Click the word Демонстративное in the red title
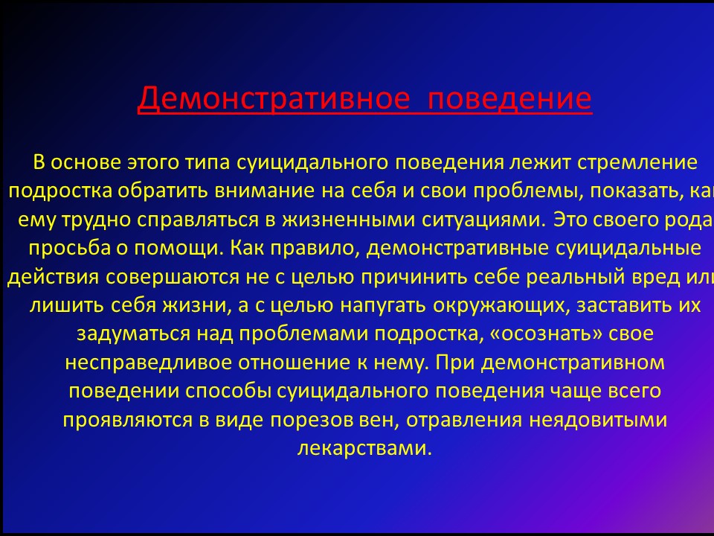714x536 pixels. [274, 98]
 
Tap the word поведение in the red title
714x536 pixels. [509, 98]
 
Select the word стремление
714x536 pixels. [637, 163]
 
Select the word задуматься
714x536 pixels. [133, 334]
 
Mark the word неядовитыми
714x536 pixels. [598, 420]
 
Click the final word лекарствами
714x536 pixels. [364, 448]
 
